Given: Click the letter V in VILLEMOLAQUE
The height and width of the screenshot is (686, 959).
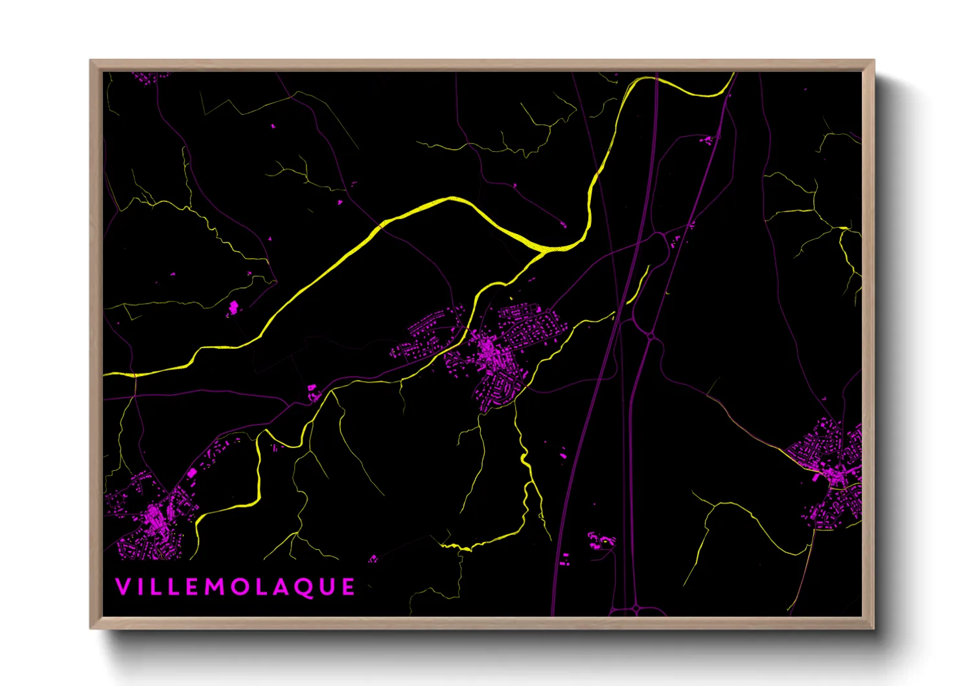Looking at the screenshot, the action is [x=122, y=587].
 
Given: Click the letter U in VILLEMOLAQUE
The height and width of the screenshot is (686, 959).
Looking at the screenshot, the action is [x=327, y=587].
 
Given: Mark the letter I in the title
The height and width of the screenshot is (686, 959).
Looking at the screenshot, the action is [x=141, y=587].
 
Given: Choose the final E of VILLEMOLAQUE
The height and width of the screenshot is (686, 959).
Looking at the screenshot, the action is [x=349, y=587].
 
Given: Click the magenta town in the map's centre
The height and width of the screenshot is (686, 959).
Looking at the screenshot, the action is [x=492, y=353].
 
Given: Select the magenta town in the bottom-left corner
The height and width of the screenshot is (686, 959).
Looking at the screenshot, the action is [x=152, y=515].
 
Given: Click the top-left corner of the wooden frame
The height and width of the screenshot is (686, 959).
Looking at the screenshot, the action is [x=91, y=61].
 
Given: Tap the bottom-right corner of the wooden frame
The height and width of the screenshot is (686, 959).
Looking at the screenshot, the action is [x=873, y=628].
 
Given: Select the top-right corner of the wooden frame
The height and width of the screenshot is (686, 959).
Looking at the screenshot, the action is [x=873, y=61].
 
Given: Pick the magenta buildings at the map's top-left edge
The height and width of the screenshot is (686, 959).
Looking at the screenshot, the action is [x=148, y=77].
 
